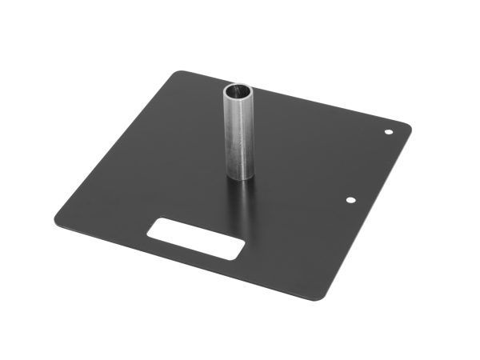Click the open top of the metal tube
238,91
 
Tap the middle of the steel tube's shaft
238,134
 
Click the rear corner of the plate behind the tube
182,74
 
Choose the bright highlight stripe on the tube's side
231,136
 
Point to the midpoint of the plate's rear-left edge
116,144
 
